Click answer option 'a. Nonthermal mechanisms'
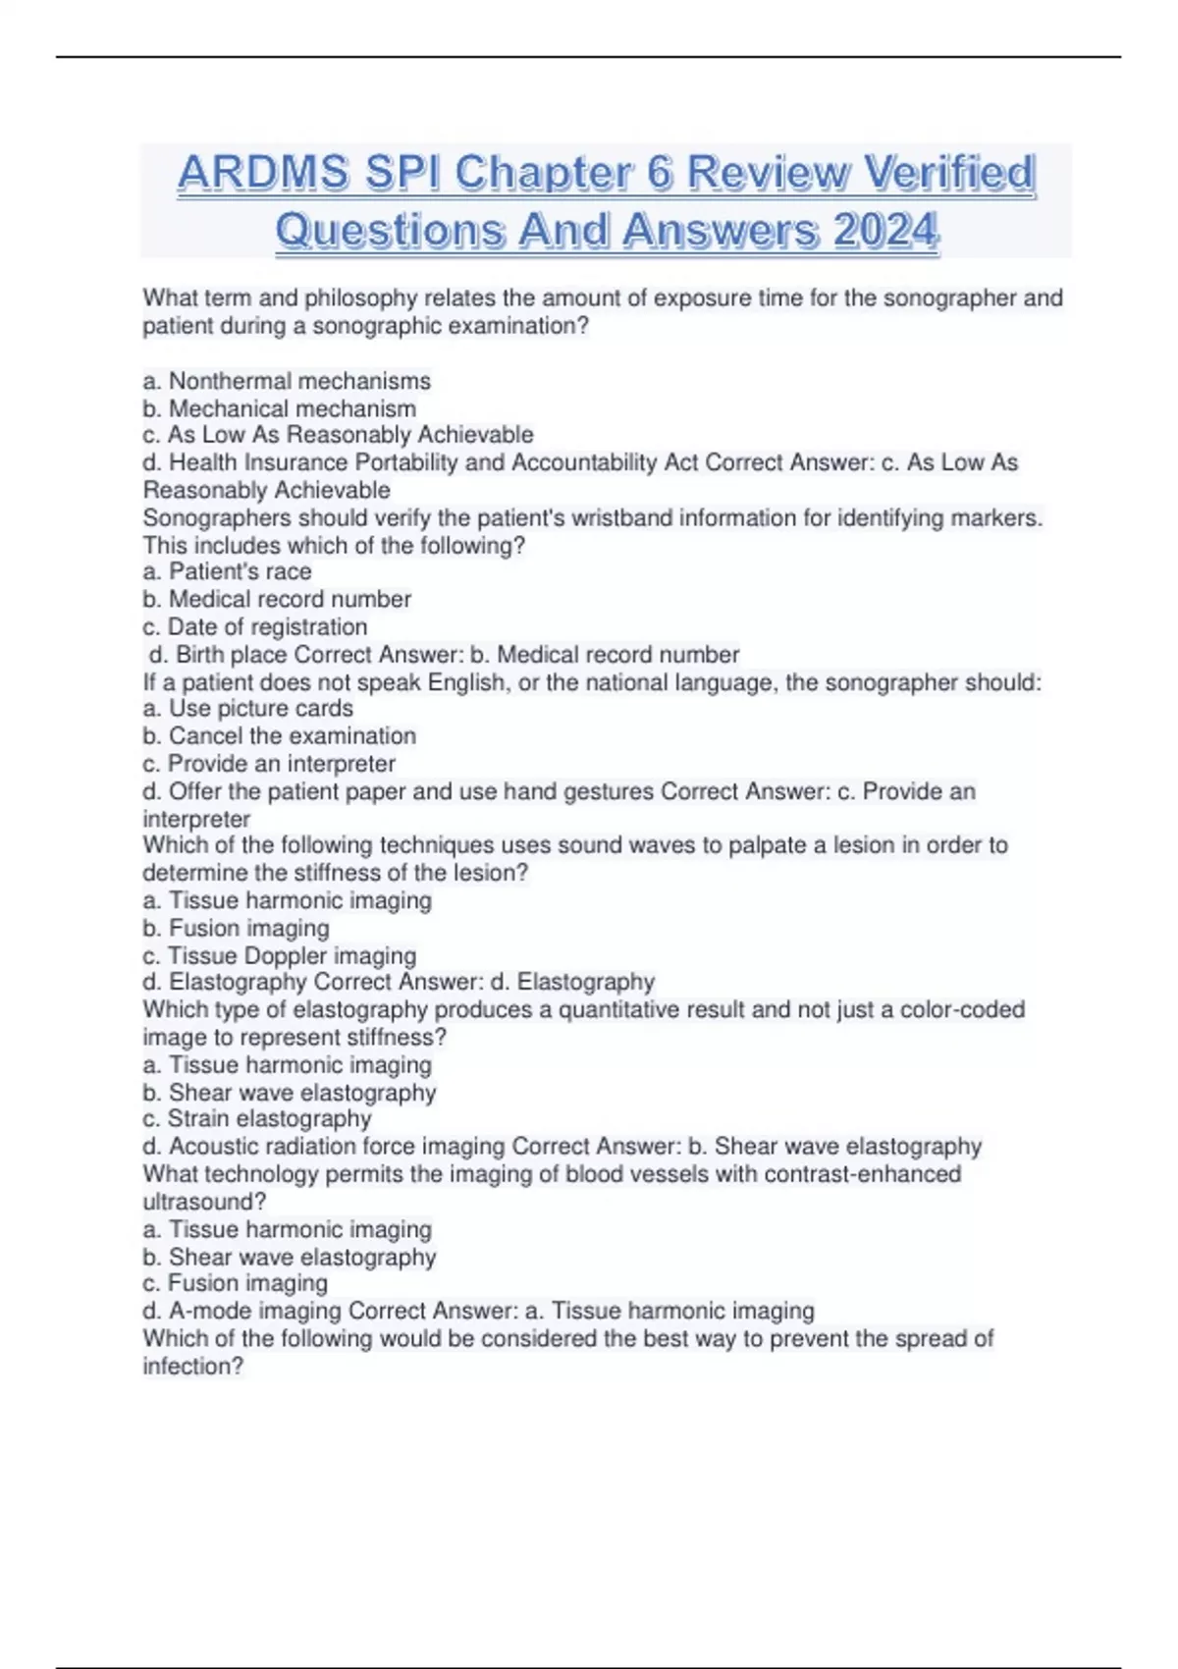click(x=287, y=381)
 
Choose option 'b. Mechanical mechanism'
click(x=280, y=408)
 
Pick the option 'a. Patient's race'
click(x=227, y=571)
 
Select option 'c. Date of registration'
click(x=255, y=626)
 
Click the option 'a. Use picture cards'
click(x=247, y=708)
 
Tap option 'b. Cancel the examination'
click(x=280, y=735)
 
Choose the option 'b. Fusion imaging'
click(x=236, y=928)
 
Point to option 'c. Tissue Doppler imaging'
click(x=280, y=955)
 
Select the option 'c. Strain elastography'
click(x=257, y=1118)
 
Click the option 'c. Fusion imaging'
click(x=236, y=1282)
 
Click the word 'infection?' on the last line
click(x=192, y=1366)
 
